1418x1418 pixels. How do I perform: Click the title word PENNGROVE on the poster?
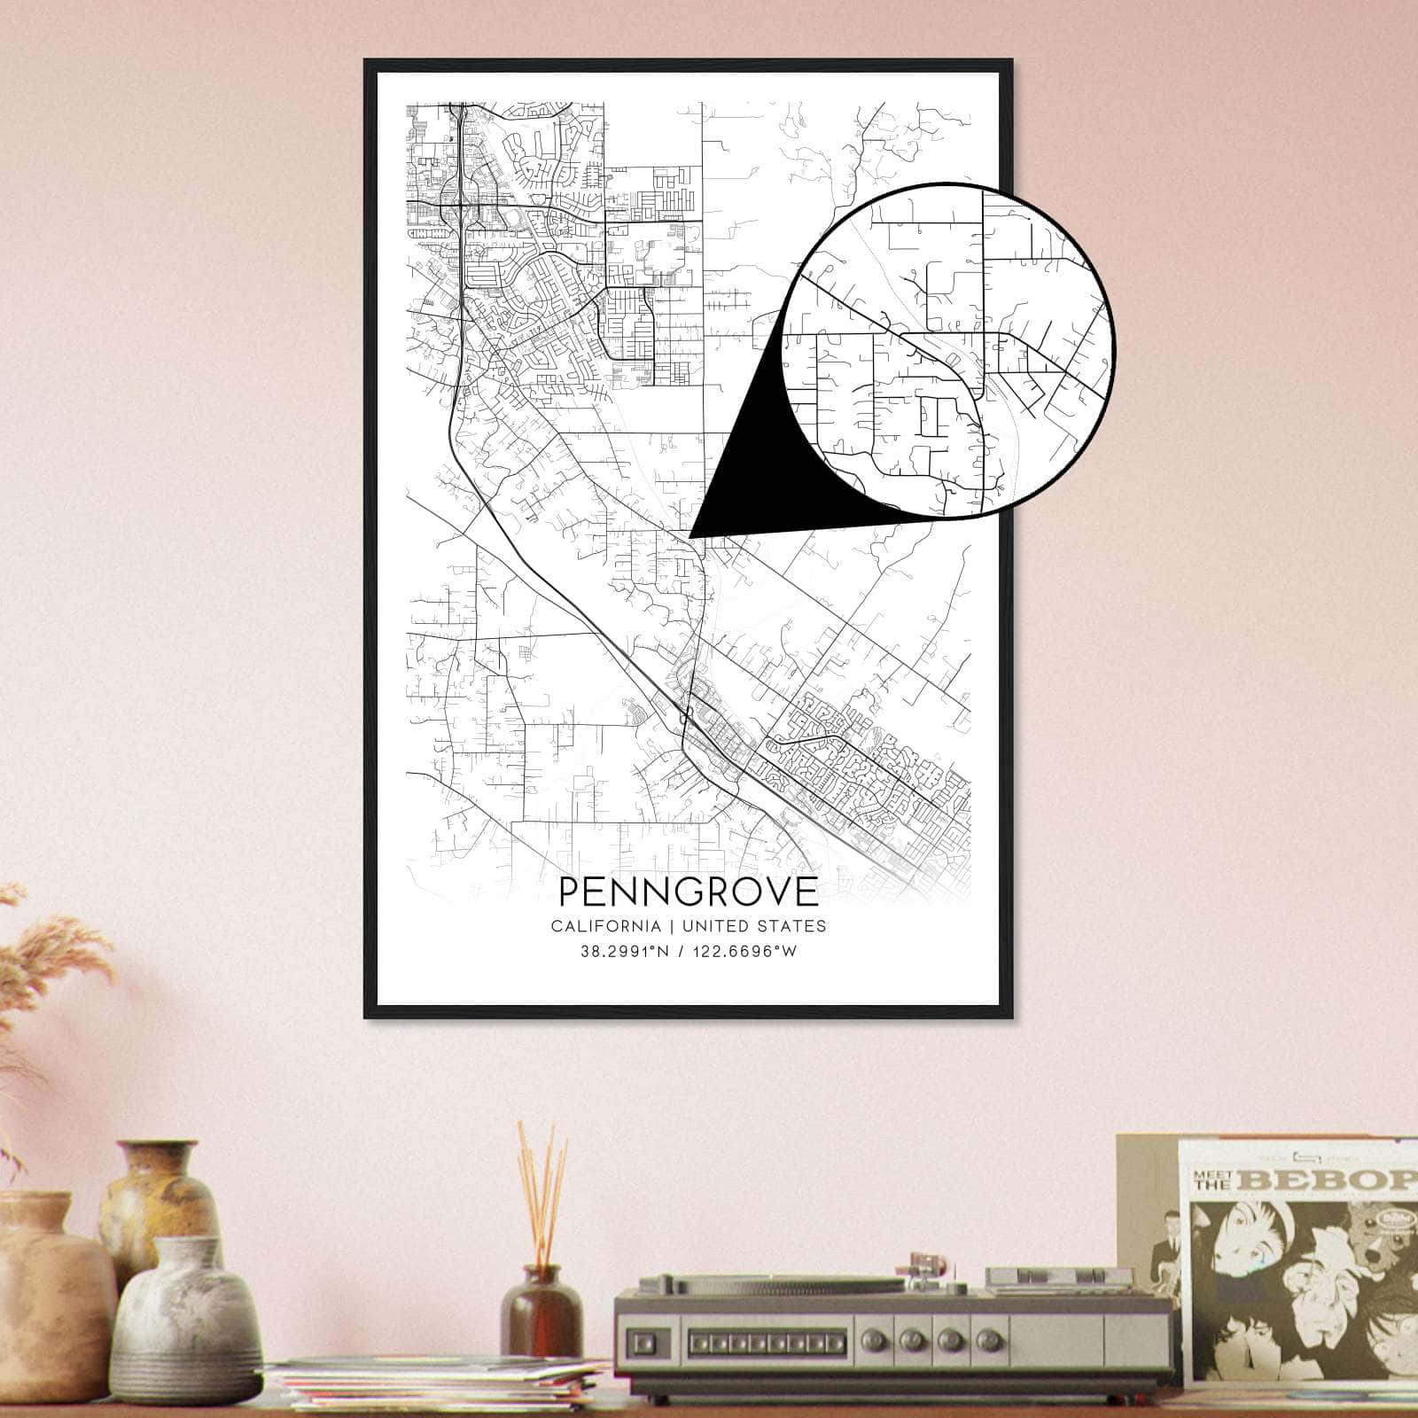(688, 892)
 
